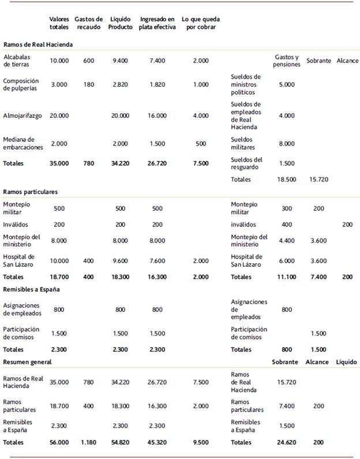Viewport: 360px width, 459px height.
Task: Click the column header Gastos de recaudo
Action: point(88,23)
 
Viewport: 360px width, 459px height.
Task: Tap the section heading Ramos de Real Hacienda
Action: point(38,44)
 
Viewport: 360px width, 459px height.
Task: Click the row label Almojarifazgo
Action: point(22,115)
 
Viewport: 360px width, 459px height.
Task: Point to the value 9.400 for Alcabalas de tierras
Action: point(120,61)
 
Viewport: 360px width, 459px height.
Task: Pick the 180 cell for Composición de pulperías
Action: point(88,84)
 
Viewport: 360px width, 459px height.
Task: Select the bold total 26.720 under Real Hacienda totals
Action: point(153,163)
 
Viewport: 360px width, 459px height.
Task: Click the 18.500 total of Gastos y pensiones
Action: point(287,180)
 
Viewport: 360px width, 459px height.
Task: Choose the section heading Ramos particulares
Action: point(30,192)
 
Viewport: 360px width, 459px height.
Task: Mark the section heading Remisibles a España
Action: point(32,289)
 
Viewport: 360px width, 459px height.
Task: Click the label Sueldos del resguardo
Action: point(246,163)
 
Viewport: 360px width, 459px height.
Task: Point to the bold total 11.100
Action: point(287,277)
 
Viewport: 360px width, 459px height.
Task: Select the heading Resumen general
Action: point(27,362)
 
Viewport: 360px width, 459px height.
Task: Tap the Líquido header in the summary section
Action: point(346,362)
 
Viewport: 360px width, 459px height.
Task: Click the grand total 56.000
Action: point(59,442)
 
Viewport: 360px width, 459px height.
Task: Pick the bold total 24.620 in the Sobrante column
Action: point(287,442)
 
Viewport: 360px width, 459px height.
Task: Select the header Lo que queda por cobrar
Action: point(200,23)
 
